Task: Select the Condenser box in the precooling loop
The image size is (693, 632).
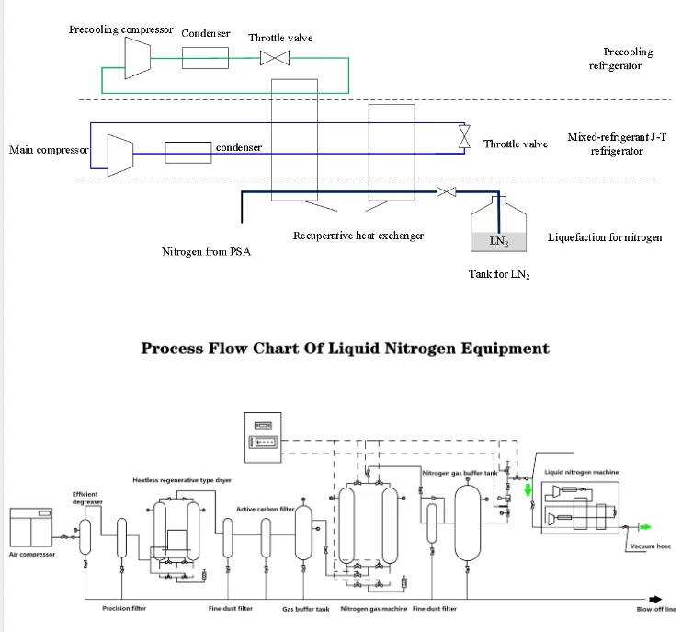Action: click(x=205, y=57)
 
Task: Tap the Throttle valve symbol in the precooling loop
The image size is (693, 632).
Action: click(x=273, y=58)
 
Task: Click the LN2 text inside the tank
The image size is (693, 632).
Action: click(x=495, y=241)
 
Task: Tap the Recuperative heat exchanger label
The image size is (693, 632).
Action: click(x=358, y=236)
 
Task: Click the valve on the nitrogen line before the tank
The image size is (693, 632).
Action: click(x=448, y=192)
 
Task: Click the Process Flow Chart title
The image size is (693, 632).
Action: click(x=344, y=348)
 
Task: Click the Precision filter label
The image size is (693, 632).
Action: click(x=123, y=608)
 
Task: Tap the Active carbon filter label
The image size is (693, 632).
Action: click(x=265, y=509)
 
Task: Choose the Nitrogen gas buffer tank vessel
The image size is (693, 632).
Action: click(x=469, y=520)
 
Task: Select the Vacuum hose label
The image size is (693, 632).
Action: click(x=651, y=546)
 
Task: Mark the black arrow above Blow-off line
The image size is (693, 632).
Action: click(x=653, y=595)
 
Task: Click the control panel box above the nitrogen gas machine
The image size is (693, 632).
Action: click(x=266, y=436)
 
